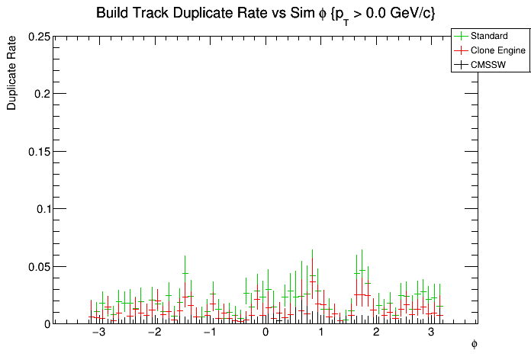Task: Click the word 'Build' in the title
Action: coord(112,13)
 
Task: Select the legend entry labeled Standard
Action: coord(489,36)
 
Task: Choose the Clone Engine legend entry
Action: coord(498,50)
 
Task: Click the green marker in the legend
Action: coord(462,36)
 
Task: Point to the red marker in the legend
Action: coord(462,50)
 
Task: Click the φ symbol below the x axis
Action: coord(474,344)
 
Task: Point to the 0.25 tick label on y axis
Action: coord(39,37)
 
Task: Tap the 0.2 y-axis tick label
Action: coord(43,94)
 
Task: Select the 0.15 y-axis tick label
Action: coord(39,151)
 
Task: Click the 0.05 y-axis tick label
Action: coord(39,266)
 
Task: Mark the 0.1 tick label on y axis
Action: coord(43,209)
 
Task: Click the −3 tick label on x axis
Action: coord(98,333)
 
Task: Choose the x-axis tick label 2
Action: coord(376,333)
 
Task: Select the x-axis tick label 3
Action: coord(431,333)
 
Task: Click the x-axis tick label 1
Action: coord(321,333)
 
